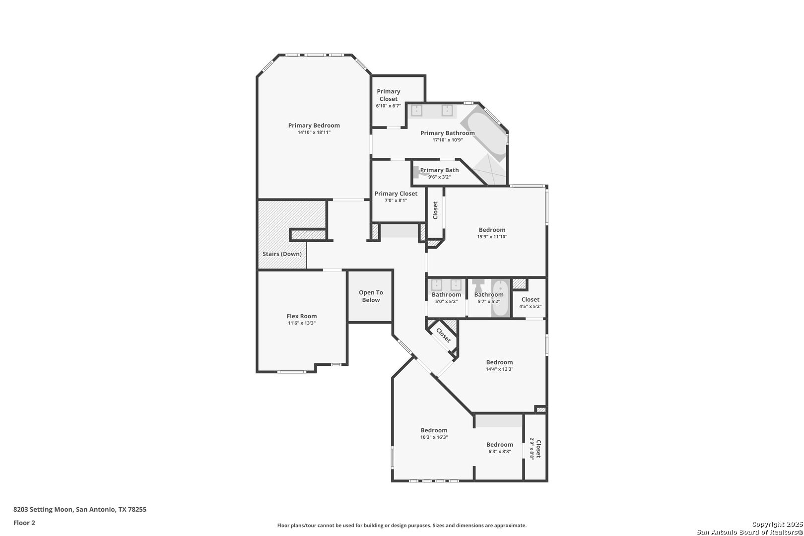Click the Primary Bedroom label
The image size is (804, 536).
pyautogui.click(x=314, y=125)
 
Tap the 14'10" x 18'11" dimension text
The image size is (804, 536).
pyautogui.click(x=314, y=133)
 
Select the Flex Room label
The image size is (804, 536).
pyautogui.click(x=302, y=316)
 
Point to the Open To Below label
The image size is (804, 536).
pyautogui.click(x=371, y=296)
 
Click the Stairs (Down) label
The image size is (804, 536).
pyautogui.click(x=282, y=254)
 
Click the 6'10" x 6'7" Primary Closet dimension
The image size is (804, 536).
pyautogui.click(x=389, y=106)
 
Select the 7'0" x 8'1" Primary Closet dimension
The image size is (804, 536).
pyautogui.click(x=396, y=201)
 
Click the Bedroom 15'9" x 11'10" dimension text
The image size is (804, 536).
pyautogui.click(x=492, y=237)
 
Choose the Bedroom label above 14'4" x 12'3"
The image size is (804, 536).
pyautogui.click(x=499, y=362)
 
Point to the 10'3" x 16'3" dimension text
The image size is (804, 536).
pyautogui.click(x=434, y=437)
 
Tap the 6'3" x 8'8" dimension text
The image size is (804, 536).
pyautogui.click(x=499, y=452)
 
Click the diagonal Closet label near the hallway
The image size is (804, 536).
pyautogui.click(x=443, y=335)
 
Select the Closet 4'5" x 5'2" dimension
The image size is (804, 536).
pyautogui.click(x=530, y=307)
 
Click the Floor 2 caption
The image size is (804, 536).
pyautogui.click(x=24, y=523)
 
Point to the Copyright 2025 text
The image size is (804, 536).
pyautogui.click(x=777, y=524)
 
